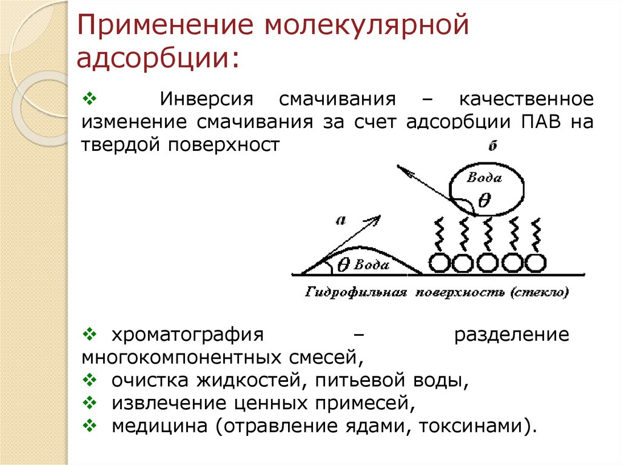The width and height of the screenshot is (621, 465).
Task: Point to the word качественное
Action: (x=525, y=98)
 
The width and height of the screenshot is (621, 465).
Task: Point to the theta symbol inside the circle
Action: (x=484, y=201)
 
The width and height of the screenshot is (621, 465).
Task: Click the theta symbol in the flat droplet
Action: (x=343, y=264)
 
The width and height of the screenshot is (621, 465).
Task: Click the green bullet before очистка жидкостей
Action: (x=89, y=380)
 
